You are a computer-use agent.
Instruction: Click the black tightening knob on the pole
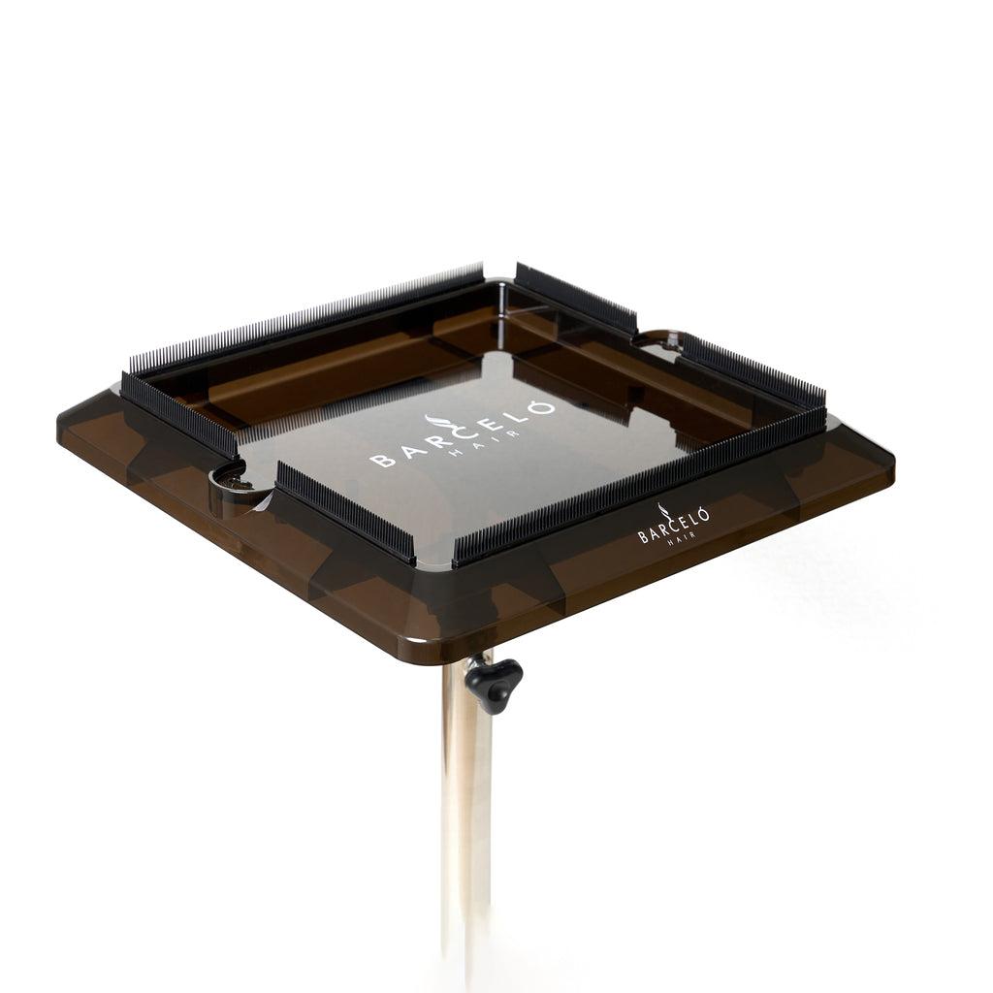[x=494, y=685]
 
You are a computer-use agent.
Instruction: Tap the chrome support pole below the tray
[x=467, y=817]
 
